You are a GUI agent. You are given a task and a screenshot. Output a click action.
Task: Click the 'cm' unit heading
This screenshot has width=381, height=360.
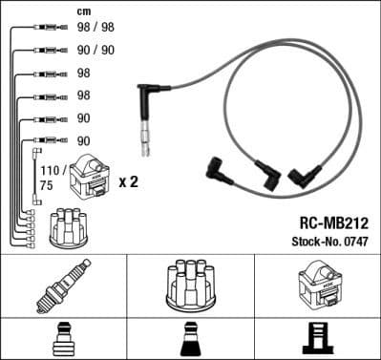pyautogui.click(x=84, y=11)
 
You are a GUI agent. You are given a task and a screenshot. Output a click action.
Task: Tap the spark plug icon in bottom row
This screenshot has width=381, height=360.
pyautogui.click(x=63, y=286)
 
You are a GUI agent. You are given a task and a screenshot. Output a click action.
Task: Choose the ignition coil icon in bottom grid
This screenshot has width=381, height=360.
pyautogui.click(x=317, y=286)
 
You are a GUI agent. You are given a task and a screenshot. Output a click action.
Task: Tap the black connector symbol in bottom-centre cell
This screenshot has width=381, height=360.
pyautogui.click(x=189, y=338)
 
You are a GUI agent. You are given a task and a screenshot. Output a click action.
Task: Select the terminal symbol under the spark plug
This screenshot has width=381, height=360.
pyautogui.click(x=63, y=338)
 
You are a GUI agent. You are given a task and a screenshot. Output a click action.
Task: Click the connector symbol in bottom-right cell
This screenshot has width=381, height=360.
pyautogui.click(x=317, y=338)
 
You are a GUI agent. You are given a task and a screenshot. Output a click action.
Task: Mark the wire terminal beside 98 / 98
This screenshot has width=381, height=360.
pyautogui.click(x=43, y=29)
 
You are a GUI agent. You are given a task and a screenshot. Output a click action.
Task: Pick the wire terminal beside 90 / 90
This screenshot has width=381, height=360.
pyautogui.click(x=43, y=50)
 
